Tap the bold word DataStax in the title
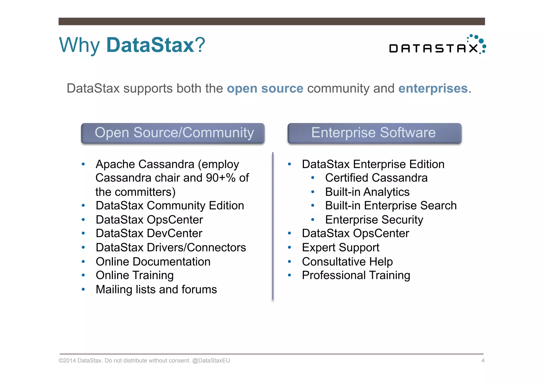tap(150, 45)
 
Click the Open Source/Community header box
tap(173, 133)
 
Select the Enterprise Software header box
tap(374, 133)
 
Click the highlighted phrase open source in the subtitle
tap(265, 88)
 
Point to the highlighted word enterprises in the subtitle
tap(433, 88)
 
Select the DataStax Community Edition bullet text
tap(170, 206)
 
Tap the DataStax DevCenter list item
tap(149, 234)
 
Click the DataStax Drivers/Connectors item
tap(171, 248)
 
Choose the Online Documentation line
tap(153, 262)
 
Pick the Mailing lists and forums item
tap(156, 290)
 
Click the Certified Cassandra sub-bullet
tap(376, 178)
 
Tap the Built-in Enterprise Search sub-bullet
tap(390, 206)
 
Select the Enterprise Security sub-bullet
tap(374, 220)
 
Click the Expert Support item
tap(341, 248)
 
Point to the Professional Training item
tap(356, 275)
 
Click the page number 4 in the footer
tap(483, 361)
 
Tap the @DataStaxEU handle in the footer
tap(211, 361)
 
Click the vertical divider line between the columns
tap(273, 226)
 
